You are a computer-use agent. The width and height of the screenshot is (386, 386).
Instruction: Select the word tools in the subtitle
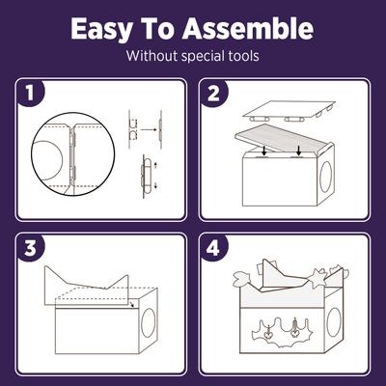click(x=238, y=55)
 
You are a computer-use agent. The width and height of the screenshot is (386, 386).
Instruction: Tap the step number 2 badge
click(x=215, y=94)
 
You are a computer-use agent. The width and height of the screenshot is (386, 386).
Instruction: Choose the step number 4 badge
click(x=215, y=248)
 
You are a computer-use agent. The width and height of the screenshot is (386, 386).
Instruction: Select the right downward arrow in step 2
click(x=300, y=149)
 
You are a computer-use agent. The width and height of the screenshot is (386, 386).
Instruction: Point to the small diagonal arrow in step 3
click(x=129, y=307)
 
